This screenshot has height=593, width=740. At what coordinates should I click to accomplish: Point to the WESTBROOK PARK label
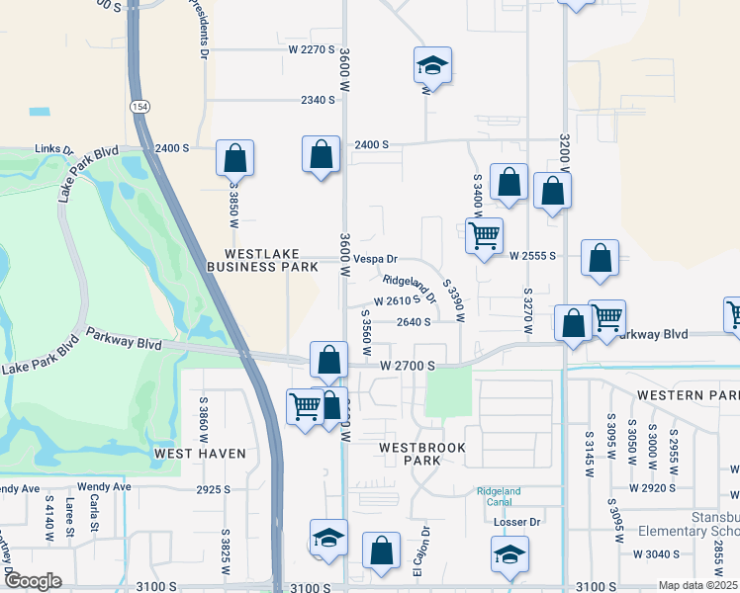(x=422, y=454)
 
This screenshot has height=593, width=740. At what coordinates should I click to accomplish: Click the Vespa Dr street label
(x=375, y=258)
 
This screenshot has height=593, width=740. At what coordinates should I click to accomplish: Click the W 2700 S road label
(x=408, y=366)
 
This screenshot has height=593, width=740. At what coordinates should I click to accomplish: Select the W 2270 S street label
(x=312, y=48)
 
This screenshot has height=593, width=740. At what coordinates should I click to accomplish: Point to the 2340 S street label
(x=320, y=100)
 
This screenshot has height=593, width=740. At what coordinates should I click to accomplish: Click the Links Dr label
(x=54, y=149)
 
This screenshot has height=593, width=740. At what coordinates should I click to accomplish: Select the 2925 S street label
(x=213, y=489)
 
